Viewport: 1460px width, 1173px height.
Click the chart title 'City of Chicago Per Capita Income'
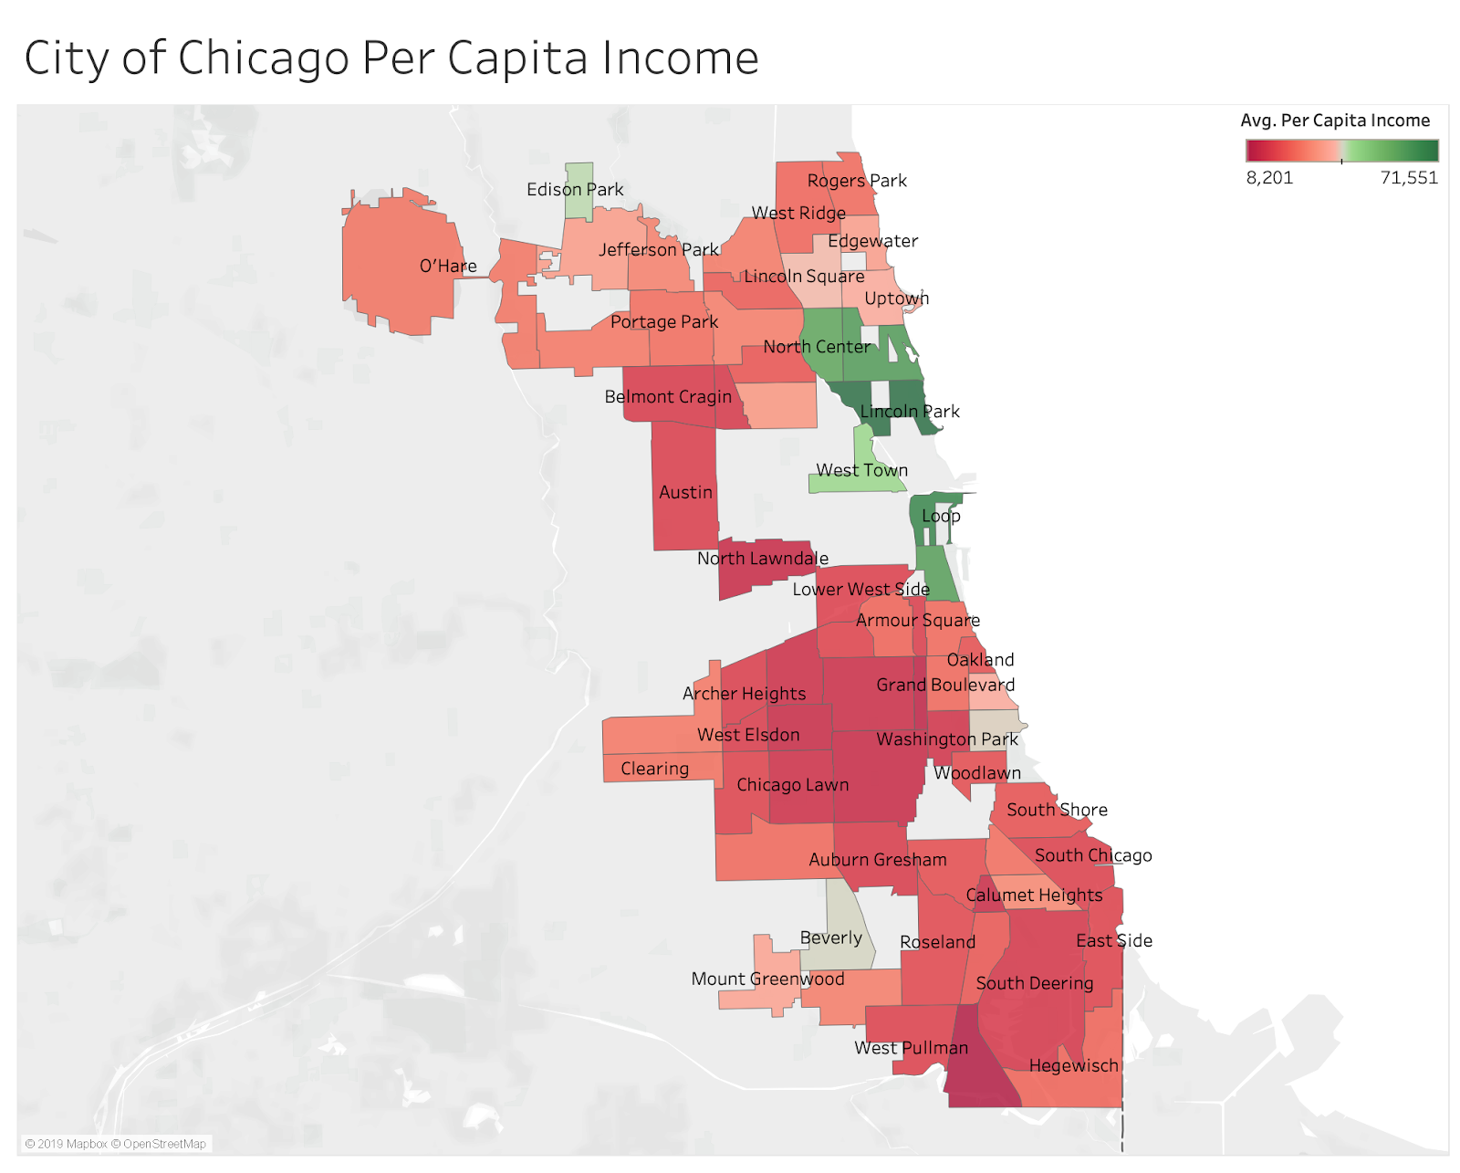[x=391, y=58]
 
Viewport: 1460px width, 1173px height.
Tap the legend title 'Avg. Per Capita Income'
[x=1335, y=120]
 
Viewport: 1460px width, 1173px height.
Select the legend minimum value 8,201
[x=1269, y=178]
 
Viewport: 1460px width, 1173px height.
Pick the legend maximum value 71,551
[x=1408, y=178]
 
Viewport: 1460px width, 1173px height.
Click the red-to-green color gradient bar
[x=1341, y=151]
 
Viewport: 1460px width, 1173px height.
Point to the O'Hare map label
[x=448, y=267]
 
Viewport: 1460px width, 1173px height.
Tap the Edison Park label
[x=575, y=190]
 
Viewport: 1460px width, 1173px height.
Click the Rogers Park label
[x=857, y=181]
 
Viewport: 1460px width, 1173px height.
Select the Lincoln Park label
[x=910, y=412]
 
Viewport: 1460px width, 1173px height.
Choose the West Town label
[x=861, y=471]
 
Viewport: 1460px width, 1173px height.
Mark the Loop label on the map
[x=941, y=516]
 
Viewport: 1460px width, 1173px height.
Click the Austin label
[x=685, y=493]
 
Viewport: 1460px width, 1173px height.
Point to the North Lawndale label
[x=763, y=559]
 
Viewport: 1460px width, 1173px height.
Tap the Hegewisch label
[x=1073, y=1066]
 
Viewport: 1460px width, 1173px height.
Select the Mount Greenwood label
[x=767, y=979]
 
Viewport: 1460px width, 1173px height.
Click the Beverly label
[x=830, y=938]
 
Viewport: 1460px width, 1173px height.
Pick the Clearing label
[x=654, y=769]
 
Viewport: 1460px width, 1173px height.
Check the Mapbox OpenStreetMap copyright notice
[x=116, y=1144]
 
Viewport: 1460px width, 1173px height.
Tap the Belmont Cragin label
[x=668, y=397]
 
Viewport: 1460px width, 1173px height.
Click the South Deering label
[x=1034, y=984]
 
